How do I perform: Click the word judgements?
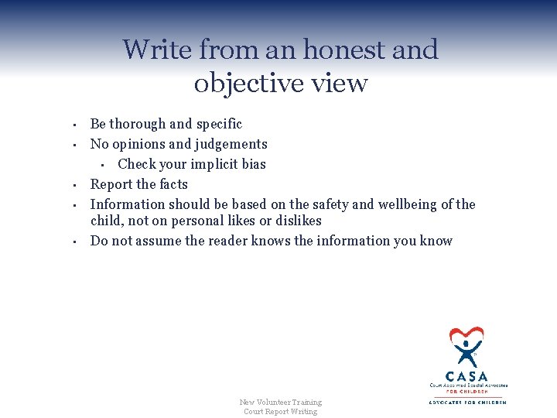click(231, 144)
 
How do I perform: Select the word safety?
click(333, 204)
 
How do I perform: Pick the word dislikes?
click(297, 221)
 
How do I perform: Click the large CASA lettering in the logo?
click(466, 375)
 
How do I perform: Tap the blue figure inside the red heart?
click(466, 349)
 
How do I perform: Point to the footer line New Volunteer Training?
click(280, 402)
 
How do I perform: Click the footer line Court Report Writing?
click(280, 411)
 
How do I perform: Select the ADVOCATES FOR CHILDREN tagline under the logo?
click(466, 402)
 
